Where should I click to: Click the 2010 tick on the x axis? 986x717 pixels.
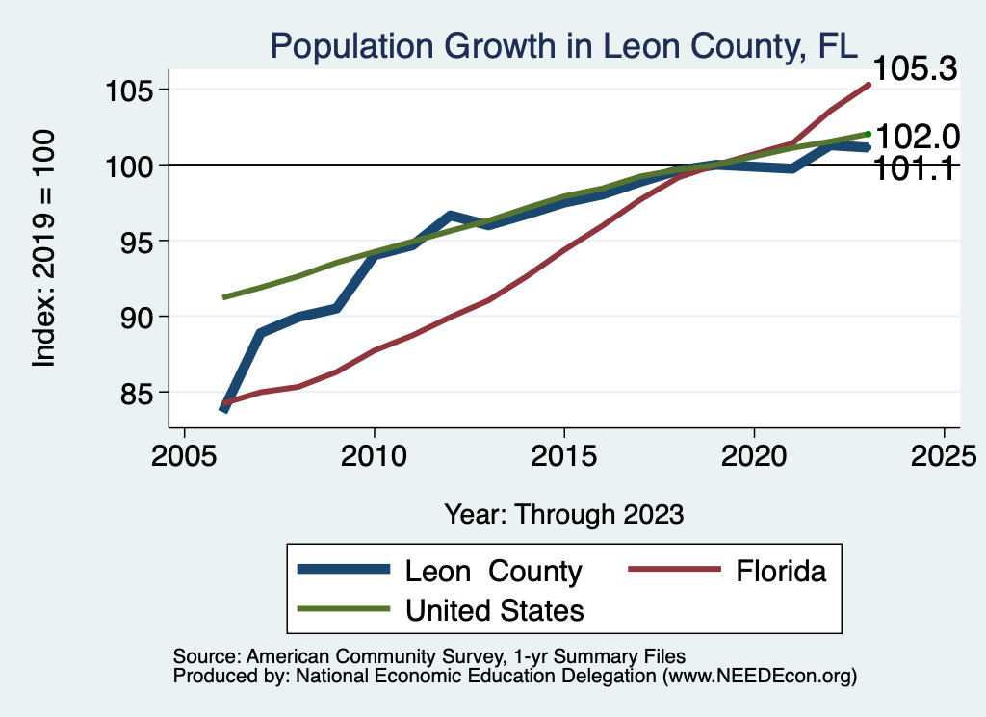coord(374,453)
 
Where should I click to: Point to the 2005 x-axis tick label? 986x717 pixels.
coord(184,453)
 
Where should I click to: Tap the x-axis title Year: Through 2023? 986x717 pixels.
coord(563,514)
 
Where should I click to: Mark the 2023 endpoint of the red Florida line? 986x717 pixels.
coord(869,85)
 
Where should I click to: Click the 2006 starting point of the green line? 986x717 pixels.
coord(224,297)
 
